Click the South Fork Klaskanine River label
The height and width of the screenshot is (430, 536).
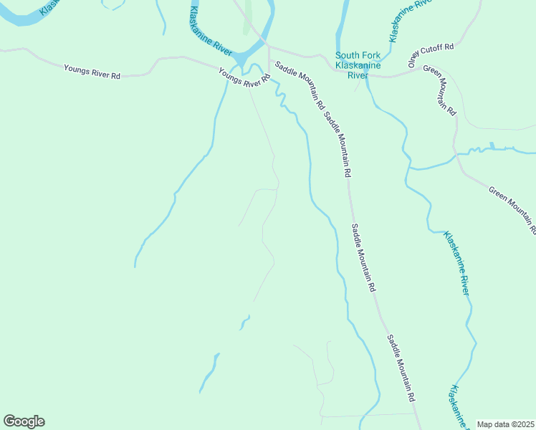[352, 65]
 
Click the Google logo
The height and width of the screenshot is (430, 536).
[24, 421]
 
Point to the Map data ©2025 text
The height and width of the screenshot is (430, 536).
[505, 424]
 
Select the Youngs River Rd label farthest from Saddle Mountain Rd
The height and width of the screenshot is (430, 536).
[92, 72]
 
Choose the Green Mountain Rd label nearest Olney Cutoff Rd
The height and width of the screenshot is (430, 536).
[440, 90]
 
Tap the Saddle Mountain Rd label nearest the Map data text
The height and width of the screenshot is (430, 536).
[402, 368]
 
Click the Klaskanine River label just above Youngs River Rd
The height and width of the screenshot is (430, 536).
[211, 32]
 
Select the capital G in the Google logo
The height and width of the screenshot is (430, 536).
[9, 421]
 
